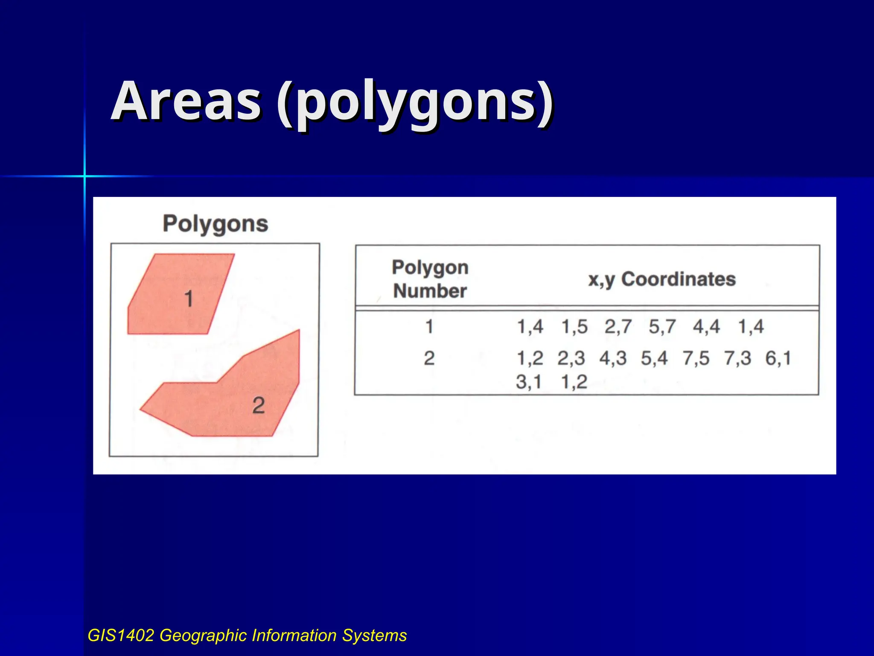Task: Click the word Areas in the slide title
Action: (x=186, y=102)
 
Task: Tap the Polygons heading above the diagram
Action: (x=216, y=224)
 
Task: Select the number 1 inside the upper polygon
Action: (x=189, y=299)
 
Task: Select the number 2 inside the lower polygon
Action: (x=258, y=405)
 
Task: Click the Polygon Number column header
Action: (x=430, y=279)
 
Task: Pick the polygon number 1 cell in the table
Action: (x=429, y=327)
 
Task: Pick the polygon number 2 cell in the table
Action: (x=429, y=358)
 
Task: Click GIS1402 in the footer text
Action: (x=121, y=635)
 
